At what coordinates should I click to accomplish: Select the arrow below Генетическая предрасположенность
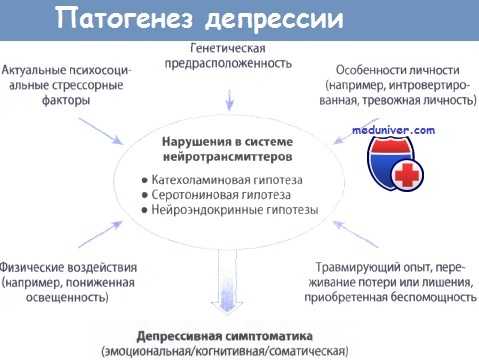click(230, 97)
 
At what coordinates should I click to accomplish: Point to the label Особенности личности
click(394, 71)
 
